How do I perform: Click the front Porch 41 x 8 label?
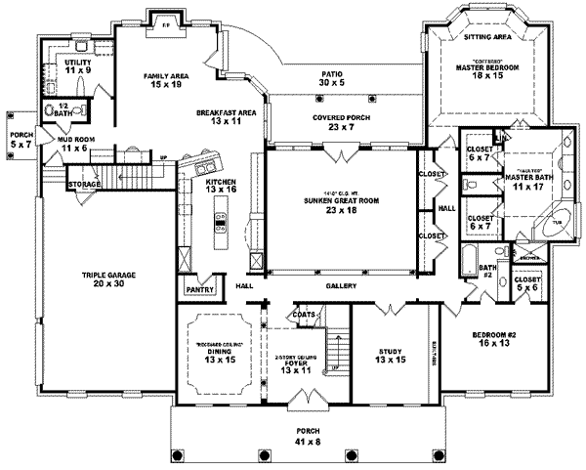[309, 436]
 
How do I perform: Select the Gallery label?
[339, 286]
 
